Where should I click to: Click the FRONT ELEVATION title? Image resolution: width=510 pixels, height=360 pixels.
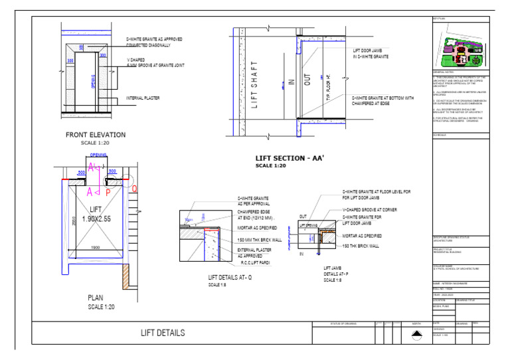pos(95,135)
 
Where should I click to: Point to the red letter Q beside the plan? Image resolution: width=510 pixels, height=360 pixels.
pos(134,188)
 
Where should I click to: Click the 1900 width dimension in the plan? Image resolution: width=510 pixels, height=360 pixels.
pos(96,248)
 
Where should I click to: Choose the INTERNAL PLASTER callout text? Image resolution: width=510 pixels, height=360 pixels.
pos(144,98)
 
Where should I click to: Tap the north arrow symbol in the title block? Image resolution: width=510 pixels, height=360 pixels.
pos(416,336)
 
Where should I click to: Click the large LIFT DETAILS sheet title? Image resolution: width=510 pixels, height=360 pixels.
pos(163,333)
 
